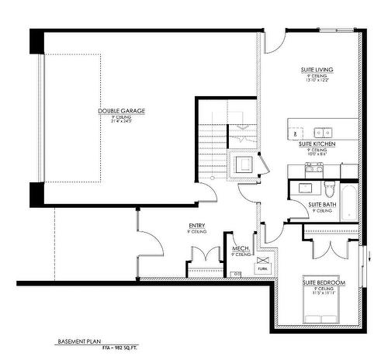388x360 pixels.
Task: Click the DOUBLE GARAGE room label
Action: point(121,110)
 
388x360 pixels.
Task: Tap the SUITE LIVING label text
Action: point(317,70)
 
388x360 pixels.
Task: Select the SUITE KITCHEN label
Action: point(317,144)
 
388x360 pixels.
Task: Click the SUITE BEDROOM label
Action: point(324,282)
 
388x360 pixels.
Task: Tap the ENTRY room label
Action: point(196,227)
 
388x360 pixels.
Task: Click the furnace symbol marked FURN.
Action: point(262,265)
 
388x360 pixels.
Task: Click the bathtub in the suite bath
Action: point(350,201)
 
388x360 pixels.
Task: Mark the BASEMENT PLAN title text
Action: point(79,341)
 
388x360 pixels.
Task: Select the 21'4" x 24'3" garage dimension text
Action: point(121,122)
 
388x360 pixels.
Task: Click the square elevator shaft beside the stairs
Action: point(243,164)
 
